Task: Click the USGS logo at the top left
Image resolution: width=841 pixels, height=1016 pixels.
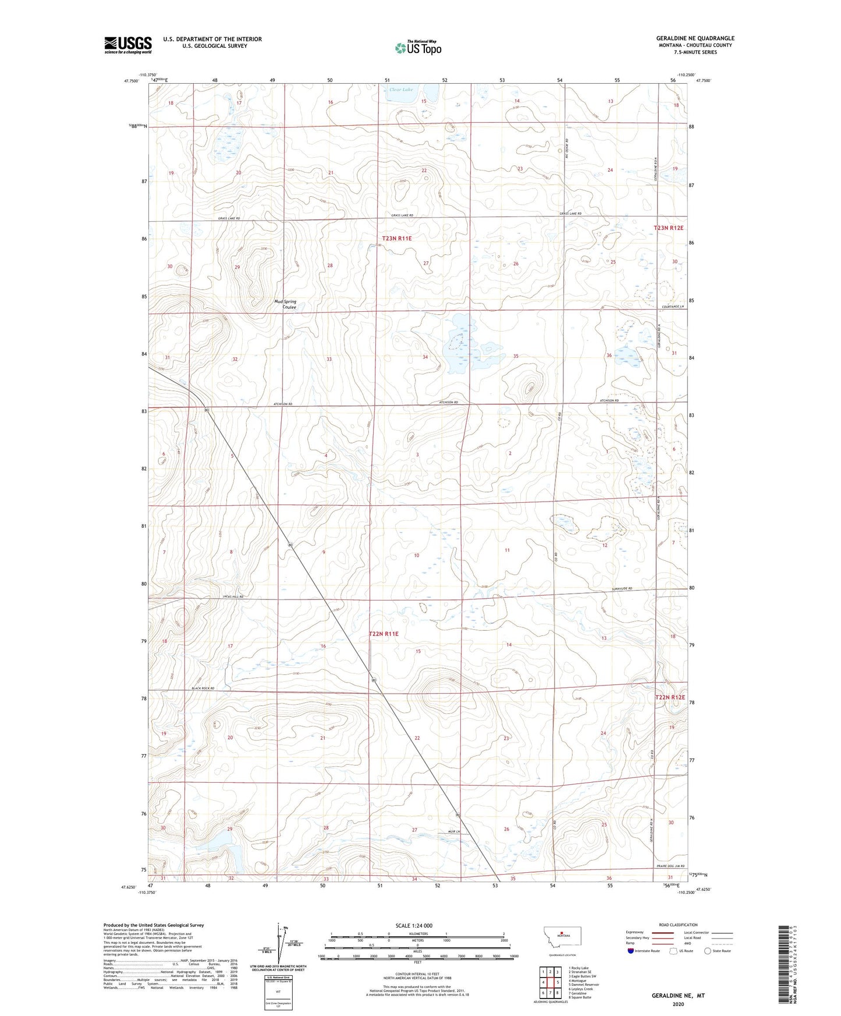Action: pos(127,45)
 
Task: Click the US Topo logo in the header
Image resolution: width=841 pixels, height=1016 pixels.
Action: pos(418,48)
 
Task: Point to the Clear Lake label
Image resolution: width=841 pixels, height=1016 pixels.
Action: pos(400,90)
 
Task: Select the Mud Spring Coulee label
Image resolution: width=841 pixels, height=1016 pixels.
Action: pos(285,304)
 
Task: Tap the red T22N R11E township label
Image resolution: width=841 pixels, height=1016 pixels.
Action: pos(384,634)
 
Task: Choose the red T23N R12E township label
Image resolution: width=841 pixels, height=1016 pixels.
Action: pos(668,228)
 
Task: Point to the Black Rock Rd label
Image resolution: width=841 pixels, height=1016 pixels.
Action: pos(203,688)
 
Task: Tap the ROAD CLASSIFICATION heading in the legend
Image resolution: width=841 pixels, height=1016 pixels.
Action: pos(678,925)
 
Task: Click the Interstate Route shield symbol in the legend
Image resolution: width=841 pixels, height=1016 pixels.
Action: pos(631,951)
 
